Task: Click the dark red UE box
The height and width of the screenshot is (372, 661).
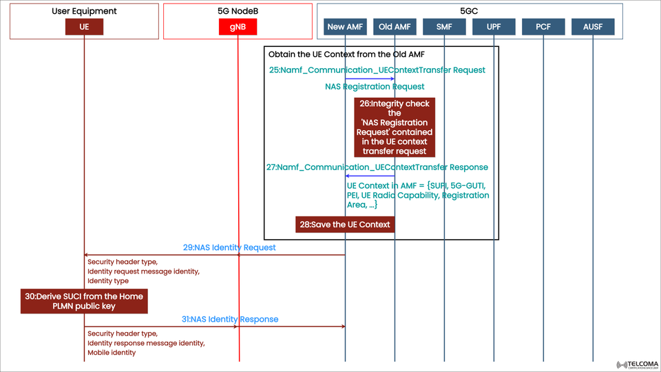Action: coord(84,27)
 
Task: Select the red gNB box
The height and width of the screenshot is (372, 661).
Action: coord(238,27)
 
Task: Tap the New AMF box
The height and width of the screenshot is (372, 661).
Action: coord(345,27)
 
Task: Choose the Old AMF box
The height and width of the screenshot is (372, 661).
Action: coord(395,27)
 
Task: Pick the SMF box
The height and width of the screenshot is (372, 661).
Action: coord(444,27)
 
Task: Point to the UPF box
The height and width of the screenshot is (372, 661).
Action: coord(493,27)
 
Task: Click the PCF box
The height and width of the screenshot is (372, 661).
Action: coord(543,27)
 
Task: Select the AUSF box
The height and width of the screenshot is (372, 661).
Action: coord(592,27)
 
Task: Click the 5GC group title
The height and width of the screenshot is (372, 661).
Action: coord(469,11)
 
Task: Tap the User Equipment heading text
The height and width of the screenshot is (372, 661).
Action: coord(84,11)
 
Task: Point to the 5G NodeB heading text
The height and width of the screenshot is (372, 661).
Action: coord(238,11)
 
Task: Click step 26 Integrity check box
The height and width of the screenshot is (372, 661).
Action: coord(395,127)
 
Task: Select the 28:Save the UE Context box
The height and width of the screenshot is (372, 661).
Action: coord(345,225)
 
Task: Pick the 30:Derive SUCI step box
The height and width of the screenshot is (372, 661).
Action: coord(84,301)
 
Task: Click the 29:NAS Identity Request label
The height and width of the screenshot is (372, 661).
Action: coord(229,247)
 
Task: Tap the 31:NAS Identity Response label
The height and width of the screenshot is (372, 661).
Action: coord(230,319)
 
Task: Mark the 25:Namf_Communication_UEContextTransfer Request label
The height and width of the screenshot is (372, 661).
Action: coord(377,70)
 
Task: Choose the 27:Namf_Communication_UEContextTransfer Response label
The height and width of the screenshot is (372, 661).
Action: coord(377,167)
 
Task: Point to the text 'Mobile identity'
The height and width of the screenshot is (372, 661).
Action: coord(112,353)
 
